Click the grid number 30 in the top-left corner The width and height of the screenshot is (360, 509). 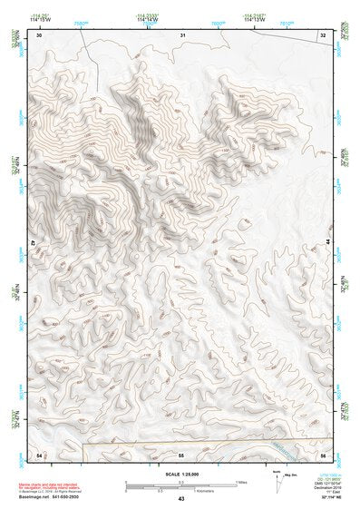point(39,34)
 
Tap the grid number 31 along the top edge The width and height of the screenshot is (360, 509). point(182,34)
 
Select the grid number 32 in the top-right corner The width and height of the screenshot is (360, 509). point(323,34)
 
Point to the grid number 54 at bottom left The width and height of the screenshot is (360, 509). point(39,453)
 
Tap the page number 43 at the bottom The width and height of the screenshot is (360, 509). point(181,499)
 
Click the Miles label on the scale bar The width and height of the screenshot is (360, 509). point(242,481)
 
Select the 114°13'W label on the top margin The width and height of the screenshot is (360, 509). point(254,18)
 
